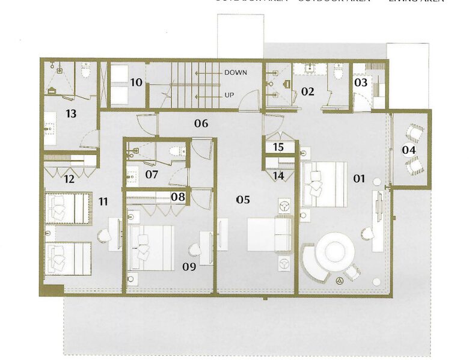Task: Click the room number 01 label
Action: (x=359, y=178)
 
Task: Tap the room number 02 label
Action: (x=308, y=92)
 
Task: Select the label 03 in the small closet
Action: (x=360, y=82)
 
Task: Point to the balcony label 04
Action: (x=409, y=150)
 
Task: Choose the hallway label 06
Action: (x=201, y=124)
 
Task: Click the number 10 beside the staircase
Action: (x=136, y=82)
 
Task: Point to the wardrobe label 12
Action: (x=69, y=178)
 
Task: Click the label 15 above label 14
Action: (x=278, y=147)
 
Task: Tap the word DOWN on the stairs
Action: (x=235, y=72)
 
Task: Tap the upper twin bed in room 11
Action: (x=67, y=208)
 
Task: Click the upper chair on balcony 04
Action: (x=414, y=132)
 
